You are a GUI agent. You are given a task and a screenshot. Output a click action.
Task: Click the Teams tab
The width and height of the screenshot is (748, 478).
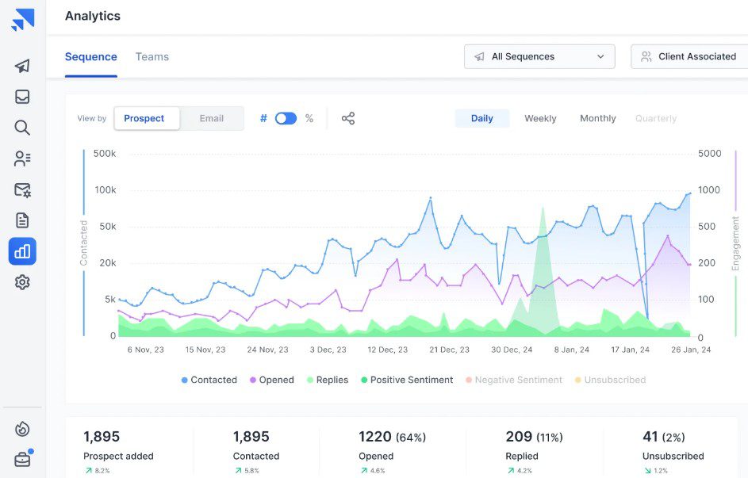[x=152, y=57]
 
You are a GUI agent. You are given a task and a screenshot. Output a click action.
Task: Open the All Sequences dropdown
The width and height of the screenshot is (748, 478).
[x=539, y=57]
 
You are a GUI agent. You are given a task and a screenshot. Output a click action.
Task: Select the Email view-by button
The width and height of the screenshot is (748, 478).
[x=211, y=118]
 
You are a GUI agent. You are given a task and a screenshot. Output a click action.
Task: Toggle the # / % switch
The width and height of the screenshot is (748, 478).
[x=286, y=118]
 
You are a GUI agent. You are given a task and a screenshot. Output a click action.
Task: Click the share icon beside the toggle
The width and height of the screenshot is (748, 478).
[x=348, y=118]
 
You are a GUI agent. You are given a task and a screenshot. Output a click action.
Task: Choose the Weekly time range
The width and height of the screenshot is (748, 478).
[x=540, y=118]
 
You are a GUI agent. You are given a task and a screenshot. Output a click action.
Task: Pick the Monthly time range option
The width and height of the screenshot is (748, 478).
[x=598, y=118]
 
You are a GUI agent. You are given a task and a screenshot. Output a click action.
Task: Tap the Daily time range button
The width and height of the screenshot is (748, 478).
[x=481, y=118]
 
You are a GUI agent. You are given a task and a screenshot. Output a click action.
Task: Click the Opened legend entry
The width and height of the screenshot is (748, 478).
[x=272, y=380]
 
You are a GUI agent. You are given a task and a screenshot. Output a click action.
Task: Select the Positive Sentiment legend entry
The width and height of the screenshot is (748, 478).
[x=407, y=380]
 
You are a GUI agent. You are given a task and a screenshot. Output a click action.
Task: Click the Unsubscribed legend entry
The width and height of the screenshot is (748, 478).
[x=610, y=380]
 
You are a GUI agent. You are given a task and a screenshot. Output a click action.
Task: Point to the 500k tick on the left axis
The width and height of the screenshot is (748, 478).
[x=105, y=154]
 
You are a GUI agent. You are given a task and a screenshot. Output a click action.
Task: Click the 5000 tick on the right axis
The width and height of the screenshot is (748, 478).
[x=709, y=154]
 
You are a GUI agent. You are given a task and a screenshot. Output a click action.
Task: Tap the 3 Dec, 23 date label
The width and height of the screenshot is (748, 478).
[x=328, y=350]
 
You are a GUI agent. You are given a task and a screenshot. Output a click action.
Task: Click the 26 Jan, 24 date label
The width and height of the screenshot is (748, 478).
[x=691, y=350]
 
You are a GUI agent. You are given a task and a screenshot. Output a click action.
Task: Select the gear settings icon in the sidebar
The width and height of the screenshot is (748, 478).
[x=22, y=282]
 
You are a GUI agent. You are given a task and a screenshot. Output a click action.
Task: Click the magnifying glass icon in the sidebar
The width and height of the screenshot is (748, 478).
[x=22, y=128]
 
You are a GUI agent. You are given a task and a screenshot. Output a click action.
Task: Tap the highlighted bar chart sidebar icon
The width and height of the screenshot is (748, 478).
[x=22, y=251]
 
